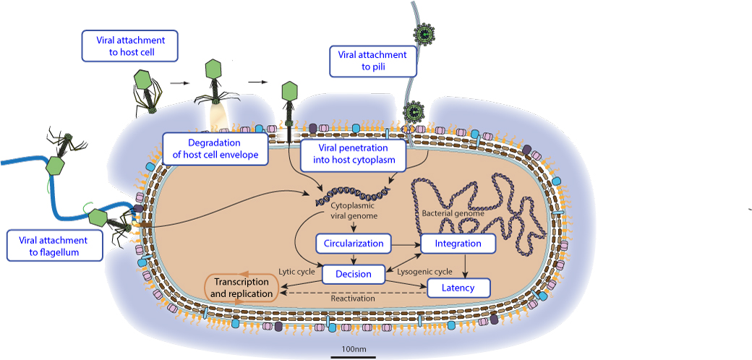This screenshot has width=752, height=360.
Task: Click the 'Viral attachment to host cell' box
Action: [130, 46]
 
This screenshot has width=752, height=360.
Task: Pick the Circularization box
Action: [354, 243]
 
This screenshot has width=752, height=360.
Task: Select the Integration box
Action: [458, 244]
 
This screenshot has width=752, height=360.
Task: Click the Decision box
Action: [354, 274]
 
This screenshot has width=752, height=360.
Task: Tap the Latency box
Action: [458, 288]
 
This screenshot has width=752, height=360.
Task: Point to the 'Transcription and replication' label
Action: [242, 288]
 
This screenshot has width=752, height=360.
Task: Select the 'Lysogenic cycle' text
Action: [425, 272]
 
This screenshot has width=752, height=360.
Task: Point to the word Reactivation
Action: [353, 298]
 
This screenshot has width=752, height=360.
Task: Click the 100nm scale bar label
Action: [353, 350]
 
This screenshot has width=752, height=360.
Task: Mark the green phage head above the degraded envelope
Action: [213, 69]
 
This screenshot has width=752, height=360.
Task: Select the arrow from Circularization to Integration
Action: [406, 244]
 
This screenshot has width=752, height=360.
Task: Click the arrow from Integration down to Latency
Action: [463, 265]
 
